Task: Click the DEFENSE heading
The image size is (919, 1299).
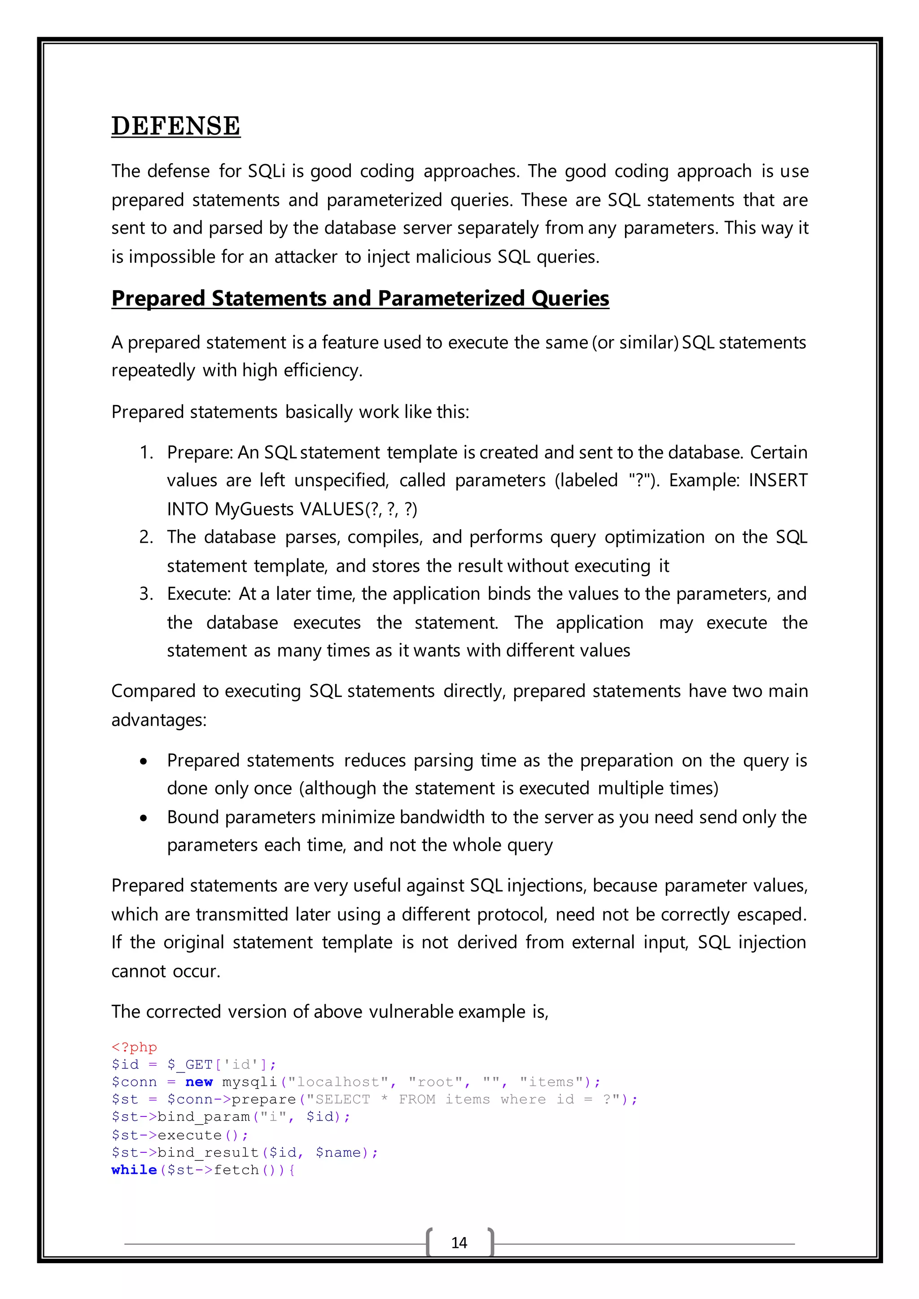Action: pyautogui.click(x=175, y=126)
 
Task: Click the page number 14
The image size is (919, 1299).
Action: pyautogui.click(x=459, y=1242)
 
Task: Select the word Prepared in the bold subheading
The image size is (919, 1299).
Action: pyautogui.click(x=158, y=298)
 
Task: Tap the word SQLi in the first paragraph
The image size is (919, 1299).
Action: pyautogui.click(x=267, y=171)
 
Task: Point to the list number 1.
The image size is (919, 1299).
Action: pyautogui.click(x=146, y=452)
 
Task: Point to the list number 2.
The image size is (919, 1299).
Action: pyautogui.click(x=146, y=537)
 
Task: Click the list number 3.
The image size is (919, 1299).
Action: pyautogui.click(x=146, y=593)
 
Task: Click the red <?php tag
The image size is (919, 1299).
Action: pyautogui.click(x=134, y=1047)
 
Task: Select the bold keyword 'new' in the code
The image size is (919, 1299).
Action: pyautogui.click(x=199, y=1082)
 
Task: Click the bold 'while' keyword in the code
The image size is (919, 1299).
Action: pyautogui.click(x=134, y=1169)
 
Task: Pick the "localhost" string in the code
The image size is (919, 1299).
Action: pyautogui.click(x=338, y=1082)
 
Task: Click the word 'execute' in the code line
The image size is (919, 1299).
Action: pyautogui.click(x=189, y=1135)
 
